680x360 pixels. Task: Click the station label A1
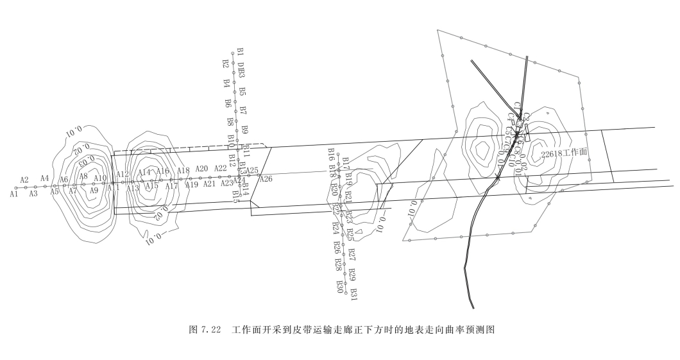pos(13,193)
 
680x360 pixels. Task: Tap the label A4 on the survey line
pos(45,178)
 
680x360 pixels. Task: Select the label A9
pos(94,190)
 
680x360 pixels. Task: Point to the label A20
pos(201,169)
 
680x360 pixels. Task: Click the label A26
pos(266,179)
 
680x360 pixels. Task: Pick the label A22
pos(221,168)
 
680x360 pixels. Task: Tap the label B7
pos(242,110)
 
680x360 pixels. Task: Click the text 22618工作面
pos(565,153)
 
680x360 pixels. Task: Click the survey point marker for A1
pos(16,188)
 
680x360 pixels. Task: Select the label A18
pos(183,171)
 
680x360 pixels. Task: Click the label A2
pos(24,180)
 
